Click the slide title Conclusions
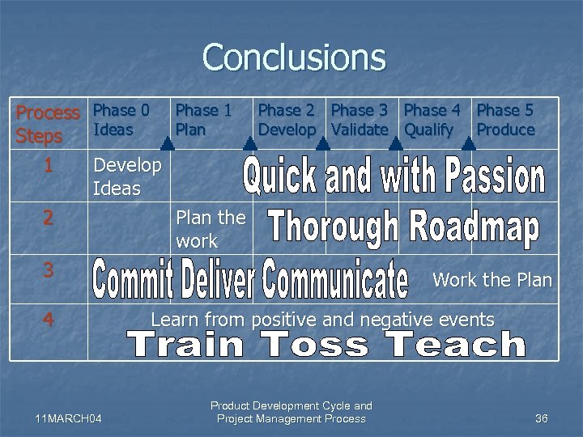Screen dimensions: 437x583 click(x=294, y=57)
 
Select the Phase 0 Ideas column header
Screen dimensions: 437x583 click(x=121, y=120)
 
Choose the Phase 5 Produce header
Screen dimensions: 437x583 click(x=506, y=120)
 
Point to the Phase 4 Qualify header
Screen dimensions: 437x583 click(x=433, y=120)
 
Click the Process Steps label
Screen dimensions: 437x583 click(x=48, y=124)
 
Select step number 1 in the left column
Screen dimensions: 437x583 click(x=49, y=166)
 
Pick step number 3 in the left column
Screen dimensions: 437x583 click(x=49, y=270)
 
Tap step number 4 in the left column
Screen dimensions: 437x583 click(x=49, y=320)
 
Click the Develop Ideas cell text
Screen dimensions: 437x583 click(x=127, y=177)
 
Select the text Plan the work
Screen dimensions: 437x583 click(x=210, y=229)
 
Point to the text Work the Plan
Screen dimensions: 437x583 click(x=492, y=281)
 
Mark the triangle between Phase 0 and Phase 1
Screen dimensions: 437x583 click(x=167, y=144)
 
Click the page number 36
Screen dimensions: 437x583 click(x=542, y=418)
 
